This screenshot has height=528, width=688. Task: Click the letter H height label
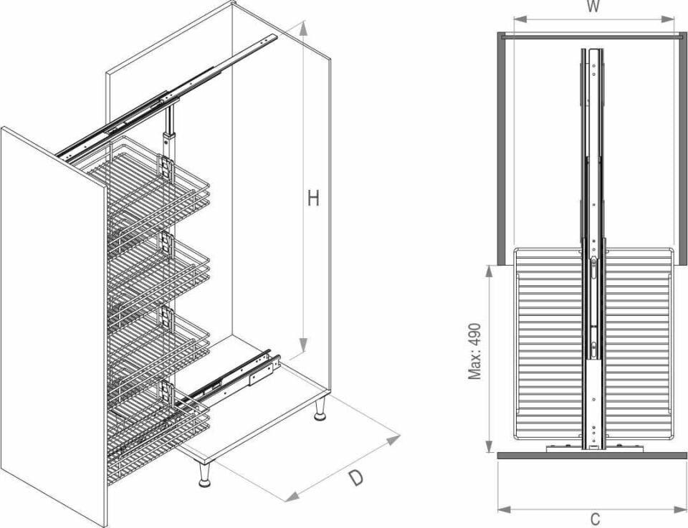(313, 198)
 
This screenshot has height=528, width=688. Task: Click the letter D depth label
(356, 477)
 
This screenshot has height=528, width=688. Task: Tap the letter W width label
(593, 6)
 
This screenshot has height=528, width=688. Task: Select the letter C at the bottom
(595, 519)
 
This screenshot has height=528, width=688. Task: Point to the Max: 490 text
(474, 351)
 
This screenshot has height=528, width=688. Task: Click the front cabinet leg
(204, 474)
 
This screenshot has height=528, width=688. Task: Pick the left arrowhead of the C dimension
(504, 509)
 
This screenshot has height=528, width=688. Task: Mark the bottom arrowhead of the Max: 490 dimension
(489, 446)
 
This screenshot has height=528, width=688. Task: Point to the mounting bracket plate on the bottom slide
(260, 375)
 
